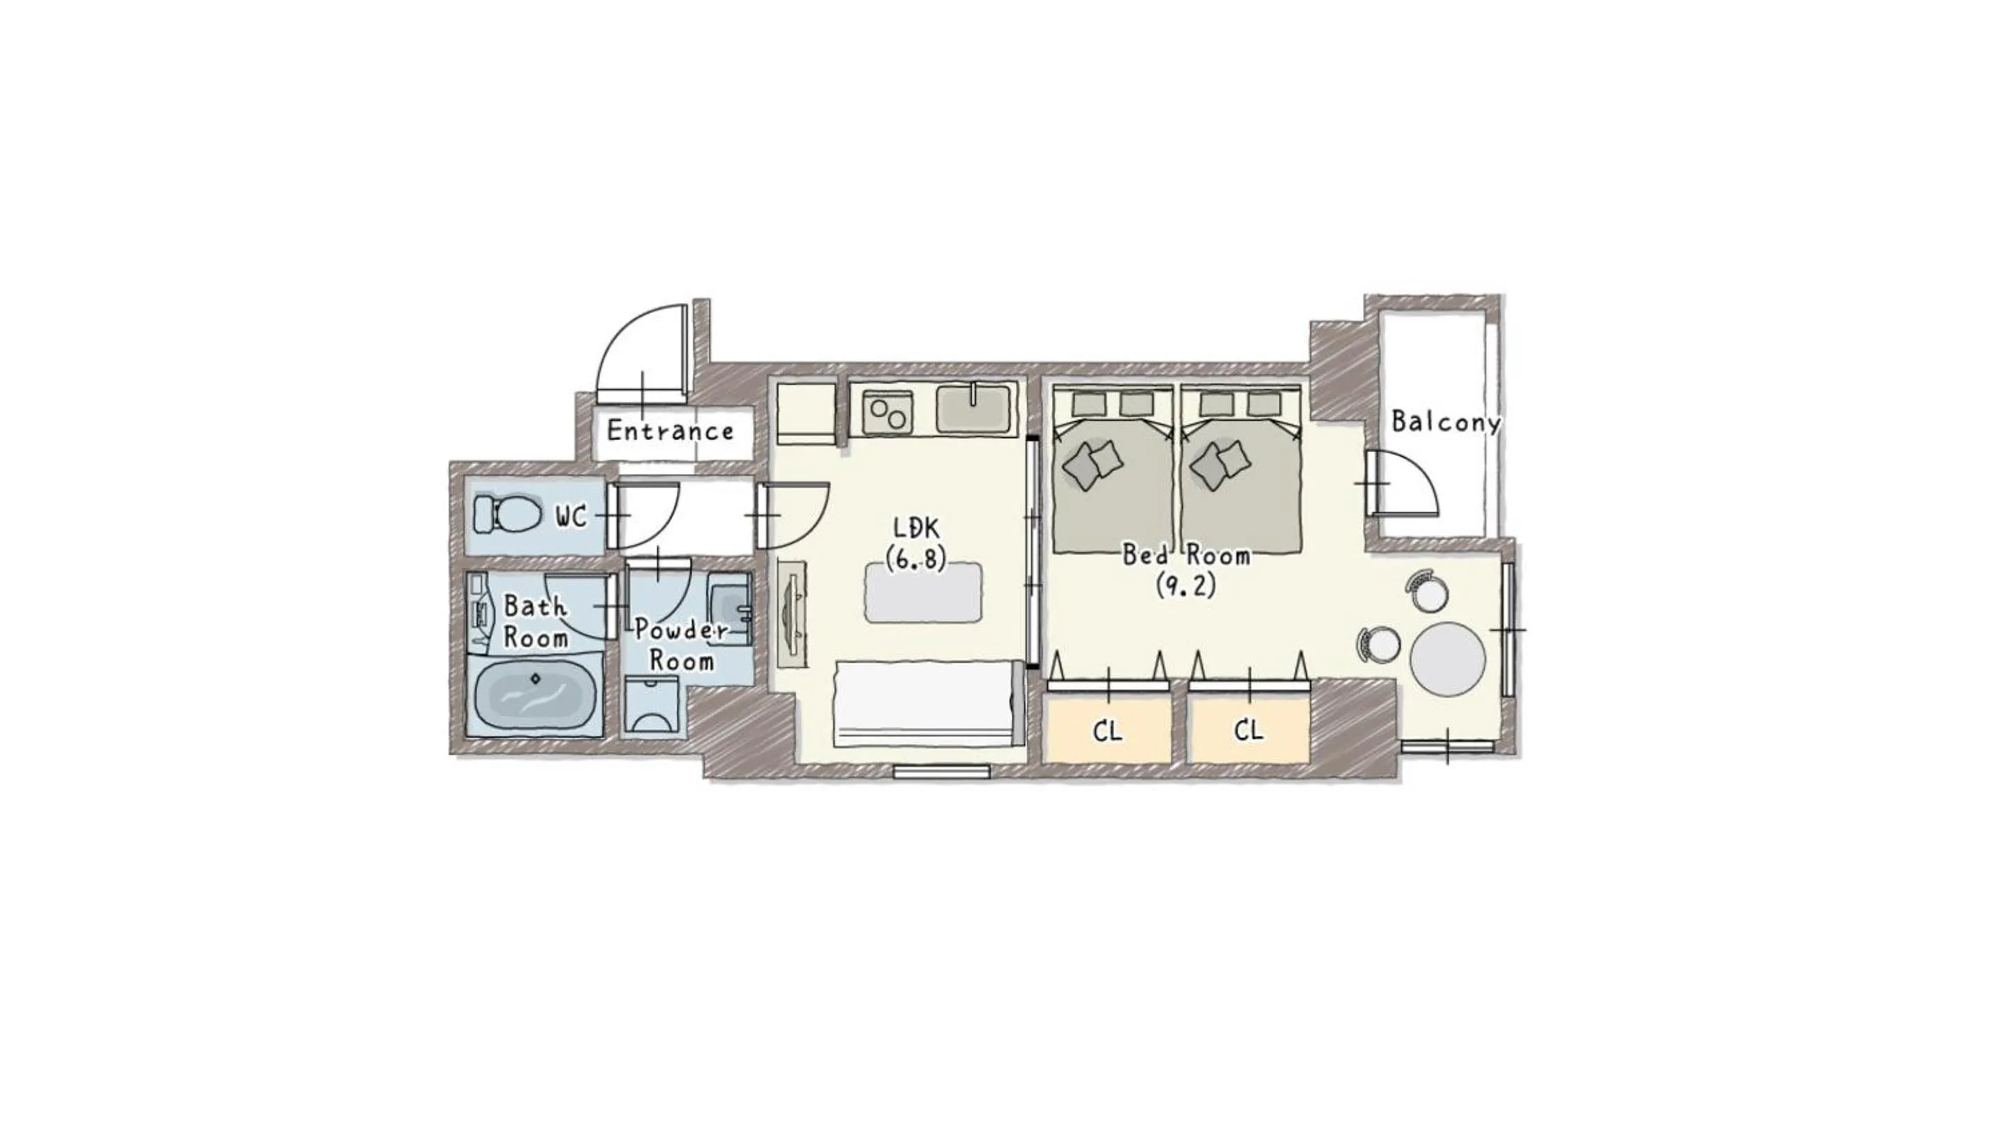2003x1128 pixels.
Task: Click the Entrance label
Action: pos(669,430)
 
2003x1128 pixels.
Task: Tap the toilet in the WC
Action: pos(509,514)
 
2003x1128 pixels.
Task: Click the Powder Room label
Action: pos(682,645)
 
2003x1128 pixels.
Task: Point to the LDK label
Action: pos(916,529)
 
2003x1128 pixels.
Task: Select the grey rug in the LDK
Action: pos(923,592)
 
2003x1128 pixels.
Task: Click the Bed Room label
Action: pos(1186,556)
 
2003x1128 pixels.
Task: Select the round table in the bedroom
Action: pos(1447,659)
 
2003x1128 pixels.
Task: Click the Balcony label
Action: pos(1446,423)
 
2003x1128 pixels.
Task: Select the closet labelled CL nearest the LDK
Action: pos(1107,730)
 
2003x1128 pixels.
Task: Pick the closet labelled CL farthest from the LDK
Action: pos(1248,730)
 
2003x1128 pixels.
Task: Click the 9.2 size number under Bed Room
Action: pos(1186,585)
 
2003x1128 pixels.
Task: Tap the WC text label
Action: pos(570,517)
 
